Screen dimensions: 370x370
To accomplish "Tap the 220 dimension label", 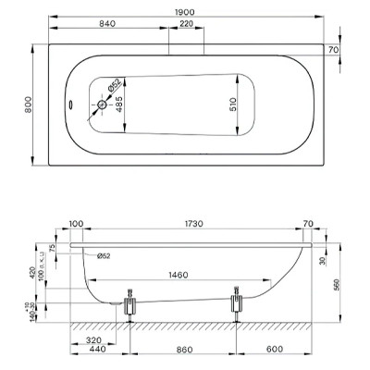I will tap(188, 24).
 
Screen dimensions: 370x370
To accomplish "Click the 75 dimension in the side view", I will tap(53, 249).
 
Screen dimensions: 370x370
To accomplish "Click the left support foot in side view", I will tap(129, 304).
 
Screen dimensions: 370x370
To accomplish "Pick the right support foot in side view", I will tap(237, 302).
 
